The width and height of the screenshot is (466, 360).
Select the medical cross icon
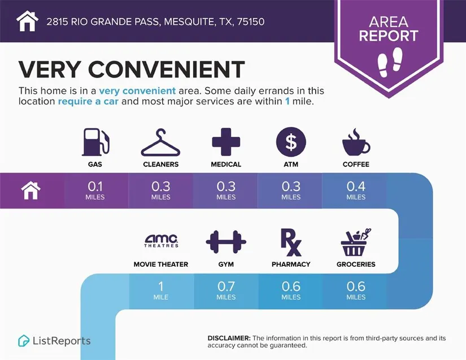pos(226,142)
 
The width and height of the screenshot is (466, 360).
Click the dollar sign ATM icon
pos(291,142)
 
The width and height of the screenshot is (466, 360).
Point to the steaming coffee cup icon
pos(356,142)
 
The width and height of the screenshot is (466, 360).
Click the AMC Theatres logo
pos(161,241)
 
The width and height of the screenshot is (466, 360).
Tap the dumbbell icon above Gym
pos(226,242)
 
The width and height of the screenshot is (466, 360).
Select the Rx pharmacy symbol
pos(291,242)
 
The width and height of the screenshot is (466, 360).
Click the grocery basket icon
pos(356,242)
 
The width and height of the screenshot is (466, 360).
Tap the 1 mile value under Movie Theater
pos(161,289)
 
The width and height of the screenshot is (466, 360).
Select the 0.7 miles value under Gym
pos(226,289)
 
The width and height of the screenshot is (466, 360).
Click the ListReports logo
pos(54,341)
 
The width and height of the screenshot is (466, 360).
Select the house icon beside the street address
pos(27,21)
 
